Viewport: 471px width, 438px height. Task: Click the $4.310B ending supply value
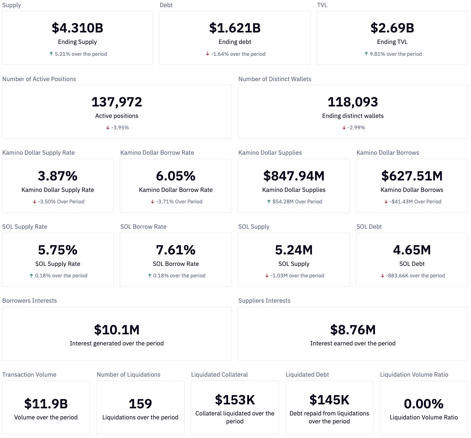[x=77, y=28]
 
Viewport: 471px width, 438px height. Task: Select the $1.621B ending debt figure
[x=235, y=28]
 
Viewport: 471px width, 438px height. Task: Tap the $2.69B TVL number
[x=392, y=28]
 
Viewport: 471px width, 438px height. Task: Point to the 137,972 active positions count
[x=117, y=102]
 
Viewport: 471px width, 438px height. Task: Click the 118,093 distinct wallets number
[x=353, y=102]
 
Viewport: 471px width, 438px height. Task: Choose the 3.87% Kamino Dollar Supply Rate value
[x=58, y=176]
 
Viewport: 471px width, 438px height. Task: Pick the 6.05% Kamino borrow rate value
[x=176, y=176]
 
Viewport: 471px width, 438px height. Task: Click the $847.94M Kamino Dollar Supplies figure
[x=294, y=176]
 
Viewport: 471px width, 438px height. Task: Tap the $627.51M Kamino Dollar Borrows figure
[x=412, y=176]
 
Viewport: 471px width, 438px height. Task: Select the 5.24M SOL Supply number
[x=294, y=250]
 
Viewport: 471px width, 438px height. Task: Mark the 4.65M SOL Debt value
[x=412, y=250]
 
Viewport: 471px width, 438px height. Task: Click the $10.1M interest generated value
[x=117, y=330]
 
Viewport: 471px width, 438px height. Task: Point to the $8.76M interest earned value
[x=353, y=330]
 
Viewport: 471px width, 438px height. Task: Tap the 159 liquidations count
[x=140, y=404]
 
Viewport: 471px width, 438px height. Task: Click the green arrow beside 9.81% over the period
[x=366, y=54]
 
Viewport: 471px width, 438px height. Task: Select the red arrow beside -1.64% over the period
[x=207, y=54]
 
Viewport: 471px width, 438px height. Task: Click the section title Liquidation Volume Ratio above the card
[x=414, y=375]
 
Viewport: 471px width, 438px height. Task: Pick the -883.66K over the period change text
[x=415, y=276]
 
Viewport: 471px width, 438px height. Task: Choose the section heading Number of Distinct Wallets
[x=275, y=79]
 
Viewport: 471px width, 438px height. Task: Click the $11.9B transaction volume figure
[x=46, y=404]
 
